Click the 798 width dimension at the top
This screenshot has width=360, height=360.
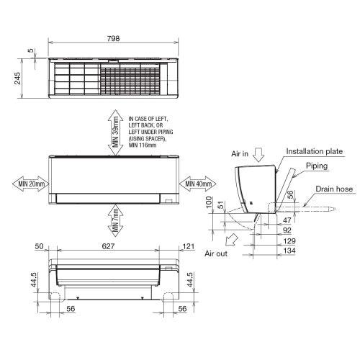(x=113, y=38)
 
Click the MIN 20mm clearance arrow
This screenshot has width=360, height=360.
(x=28, y=184)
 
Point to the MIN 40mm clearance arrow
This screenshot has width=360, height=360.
(x=197, y=184)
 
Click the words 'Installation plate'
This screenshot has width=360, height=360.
(x=315, y=152)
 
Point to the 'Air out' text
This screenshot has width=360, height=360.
(x=217, y=253)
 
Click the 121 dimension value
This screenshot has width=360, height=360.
(x=189, y=246)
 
